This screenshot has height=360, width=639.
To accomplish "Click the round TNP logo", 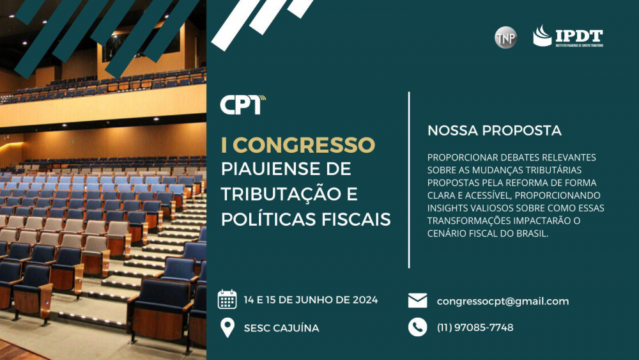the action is (505, 38).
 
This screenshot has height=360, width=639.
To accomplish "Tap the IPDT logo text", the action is (579, 36).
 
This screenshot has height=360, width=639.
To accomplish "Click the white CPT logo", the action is (243, 105).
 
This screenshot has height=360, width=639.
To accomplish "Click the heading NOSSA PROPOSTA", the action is (495, 130).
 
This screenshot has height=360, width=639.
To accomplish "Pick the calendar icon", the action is (227, 299).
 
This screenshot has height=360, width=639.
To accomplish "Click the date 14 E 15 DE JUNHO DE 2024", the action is (311, 300).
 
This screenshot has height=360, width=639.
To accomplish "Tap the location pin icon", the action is (227, 327).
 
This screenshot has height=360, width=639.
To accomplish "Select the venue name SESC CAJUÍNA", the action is (282, 328).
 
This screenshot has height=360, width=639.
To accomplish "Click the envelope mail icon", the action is (418, 301).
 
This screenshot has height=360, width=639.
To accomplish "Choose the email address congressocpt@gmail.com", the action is (503, 301).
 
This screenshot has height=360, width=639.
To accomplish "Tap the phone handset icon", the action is (418, 327).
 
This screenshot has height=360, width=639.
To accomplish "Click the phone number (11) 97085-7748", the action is (475, 327).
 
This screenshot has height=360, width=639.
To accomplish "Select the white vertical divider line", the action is (409, 180).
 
